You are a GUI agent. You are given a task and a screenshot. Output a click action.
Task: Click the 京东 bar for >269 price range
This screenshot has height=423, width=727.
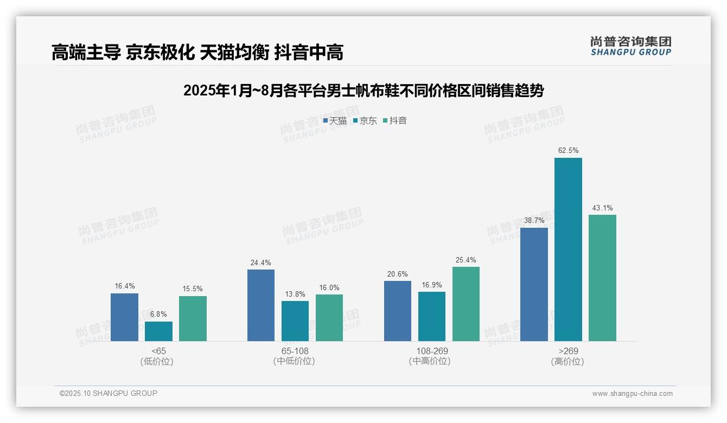(x=568, y=249)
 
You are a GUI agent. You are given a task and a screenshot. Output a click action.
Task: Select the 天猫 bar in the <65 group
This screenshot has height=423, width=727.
(x=124, y=317)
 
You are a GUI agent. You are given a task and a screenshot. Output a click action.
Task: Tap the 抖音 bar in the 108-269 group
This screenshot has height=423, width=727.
(x=465, y=304)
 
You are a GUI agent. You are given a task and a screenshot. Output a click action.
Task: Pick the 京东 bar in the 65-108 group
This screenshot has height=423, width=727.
(x=295, y=321)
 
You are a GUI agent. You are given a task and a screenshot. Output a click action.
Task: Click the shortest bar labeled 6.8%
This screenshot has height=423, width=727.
(x=158, y=331)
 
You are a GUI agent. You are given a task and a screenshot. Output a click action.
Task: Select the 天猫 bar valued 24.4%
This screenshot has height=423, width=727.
(x=261, y=305)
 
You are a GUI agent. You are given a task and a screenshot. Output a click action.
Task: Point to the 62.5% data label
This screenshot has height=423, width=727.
(x=568, y=150)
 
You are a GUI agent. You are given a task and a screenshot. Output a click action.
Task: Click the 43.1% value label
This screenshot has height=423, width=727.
(x=602, y=208)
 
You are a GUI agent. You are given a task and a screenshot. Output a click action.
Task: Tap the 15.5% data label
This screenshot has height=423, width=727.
(x=193, y=289)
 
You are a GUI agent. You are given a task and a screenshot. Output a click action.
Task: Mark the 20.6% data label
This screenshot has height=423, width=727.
(x=397, y=274)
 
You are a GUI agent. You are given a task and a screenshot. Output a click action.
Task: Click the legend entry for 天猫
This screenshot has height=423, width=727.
(x=335, y=121)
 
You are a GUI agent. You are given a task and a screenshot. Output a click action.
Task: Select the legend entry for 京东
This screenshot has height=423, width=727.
(x=365, y=121)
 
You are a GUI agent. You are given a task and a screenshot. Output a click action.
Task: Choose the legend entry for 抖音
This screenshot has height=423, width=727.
(x=395, y=121)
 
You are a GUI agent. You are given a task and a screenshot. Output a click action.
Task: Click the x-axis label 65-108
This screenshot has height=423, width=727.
(x=295, y=351)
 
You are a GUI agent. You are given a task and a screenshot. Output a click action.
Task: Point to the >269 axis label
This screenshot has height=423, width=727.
(x=568, y=351)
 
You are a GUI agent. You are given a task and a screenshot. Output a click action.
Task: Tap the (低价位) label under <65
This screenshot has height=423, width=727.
(x=158, y=361)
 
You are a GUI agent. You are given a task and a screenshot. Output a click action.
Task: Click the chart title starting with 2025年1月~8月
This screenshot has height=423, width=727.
(x=363, y=91)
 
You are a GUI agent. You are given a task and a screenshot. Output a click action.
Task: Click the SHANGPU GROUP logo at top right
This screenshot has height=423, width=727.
(x=630, y=46)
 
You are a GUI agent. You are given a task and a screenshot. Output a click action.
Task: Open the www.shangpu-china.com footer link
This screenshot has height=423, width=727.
(x=632, y=394)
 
